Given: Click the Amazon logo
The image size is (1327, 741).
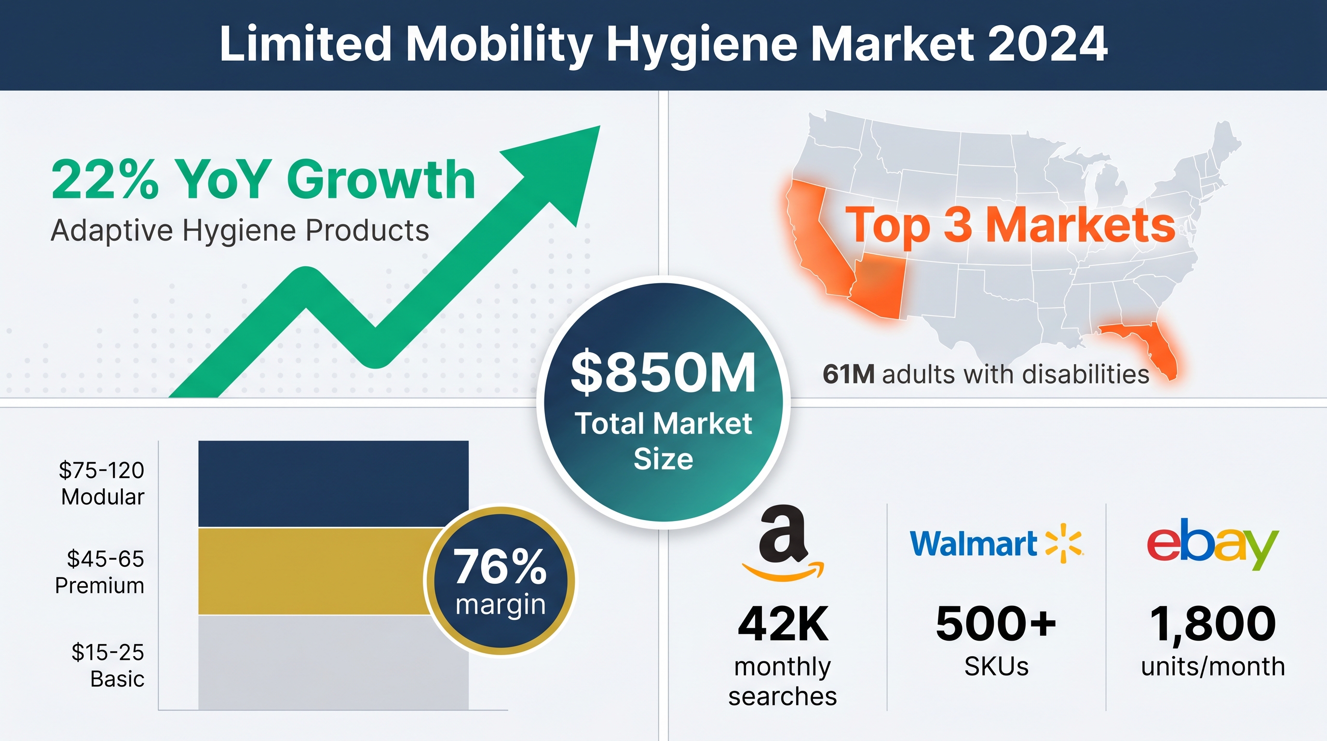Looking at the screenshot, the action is coord(783,543).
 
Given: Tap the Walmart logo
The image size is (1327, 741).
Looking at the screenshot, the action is coord(997,544).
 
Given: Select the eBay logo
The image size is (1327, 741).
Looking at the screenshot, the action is coord(1213,544).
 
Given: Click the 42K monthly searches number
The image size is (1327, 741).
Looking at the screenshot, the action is coord(783,624).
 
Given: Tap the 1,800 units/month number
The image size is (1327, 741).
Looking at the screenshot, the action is coord(1213,625).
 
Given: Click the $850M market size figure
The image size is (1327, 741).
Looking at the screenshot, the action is coord(663,372).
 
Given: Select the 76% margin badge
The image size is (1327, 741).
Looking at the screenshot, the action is coord(500,581).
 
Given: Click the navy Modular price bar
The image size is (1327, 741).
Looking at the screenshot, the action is coord(333,484).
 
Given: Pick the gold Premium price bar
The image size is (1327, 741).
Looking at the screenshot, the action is coord(314,571).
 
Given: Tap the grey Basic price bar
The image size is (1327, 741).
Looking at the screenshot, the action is coord(333,663).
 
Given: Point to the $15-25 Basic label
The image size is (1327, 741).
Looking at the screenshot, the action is coord(108,665).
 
